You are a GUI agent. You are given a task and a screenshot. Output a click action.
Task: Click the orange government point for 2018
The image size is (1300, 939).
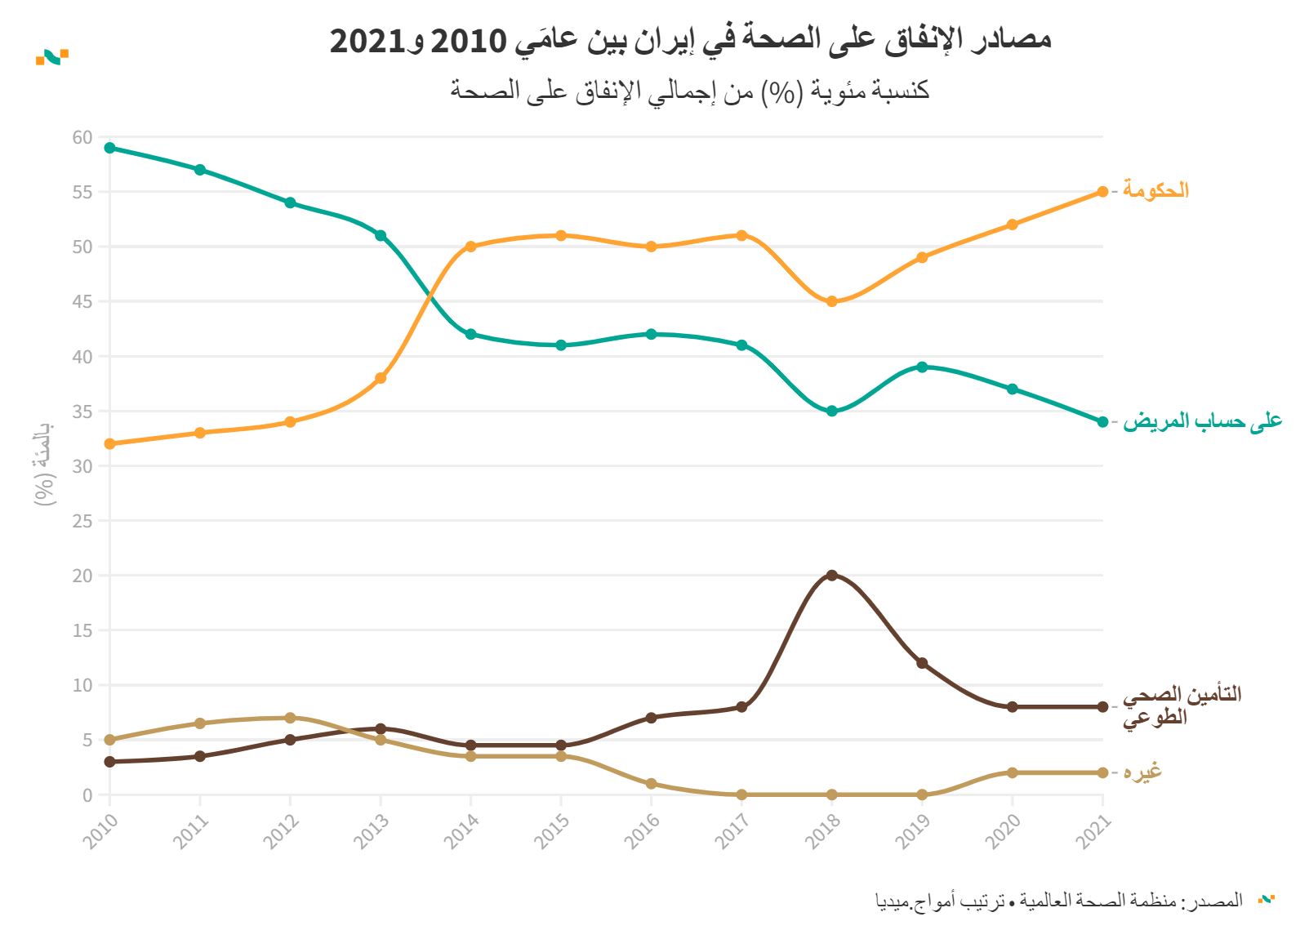pos(831,301)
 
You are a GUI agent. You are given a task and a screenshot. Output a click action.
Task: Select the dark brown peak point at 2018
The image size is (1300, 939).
pos(831,576)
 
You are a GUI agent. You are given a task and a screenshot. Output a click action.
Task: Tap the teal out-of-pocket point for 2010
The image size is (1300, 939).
pos(110,148)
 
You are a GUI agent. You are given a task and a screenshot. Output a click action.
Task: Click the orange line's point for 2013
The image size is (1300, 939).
pos(381,378)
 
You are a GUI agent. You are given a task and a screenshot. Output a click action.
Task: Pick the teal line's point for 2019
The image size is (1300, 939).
pos(922,367)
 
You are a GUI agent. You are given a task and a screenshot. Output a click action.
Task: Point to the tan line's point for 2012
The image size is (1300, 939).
pos(290,718)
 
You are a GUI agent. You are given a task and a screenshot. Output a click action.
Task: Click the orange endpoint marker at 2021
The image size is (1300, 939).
pos(1102,192)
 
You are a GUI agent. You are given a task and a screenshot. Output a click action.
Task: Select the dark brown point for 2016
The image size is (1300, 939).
pos(651,718)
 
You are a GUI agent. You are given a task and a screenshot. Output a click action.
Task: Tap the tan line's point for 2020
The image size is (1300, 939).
pos(1013,772)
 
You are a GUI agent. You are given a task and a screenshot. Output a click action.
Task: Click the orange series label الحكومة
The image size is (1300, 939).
pos(1155,190)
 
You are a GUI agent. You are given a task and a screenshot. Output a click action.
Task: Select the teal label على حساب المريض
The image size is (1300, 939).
pos(1202,421)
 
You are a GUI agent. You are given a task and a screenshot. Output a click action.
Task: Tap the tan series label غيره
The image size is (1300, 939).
pos(1142,772)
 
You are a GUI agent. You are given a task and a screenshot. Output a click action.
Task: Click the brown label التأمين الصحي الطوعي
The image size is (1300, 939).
pos(1181,705)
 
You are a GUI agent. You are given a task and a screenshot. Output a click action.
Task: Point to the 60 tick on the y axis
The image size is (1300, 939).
pos(82,137)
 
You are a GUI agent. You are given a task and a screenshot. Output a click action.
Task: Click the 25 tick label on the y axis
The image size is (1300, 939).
pos(82,521)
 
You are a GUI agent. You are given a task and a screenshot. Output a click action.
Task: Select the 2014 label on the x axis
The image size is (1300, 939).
pos(461,833)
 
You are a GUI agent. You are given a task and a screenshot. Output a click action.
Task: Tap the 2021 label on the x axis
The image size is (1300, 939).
pos(1093,833)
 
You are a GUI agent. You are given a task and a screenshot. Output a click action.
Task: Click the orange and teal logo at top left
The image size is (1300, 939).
pos(52,57)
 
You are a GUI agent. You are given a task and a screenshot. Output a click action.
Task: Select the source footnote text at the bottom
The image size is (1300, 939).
pos(1058,901)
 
